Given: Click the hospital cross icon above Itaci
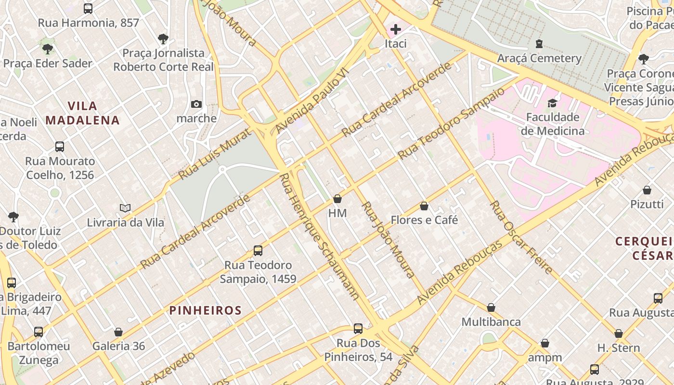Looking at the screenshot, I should click(x=395, y=29).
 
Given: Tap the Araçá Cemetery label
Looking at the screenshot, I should click(x=539, y=59).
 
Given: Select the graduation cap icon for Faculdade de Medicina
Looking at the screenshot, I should click(x=552, y=103).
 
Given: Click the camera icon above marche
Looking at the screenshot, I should click(x=196, y=104).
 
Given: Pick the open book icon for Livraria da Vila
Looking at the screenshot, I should click(x=125, y=208).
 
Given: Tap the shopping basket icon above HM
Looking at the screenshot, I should click(x=337, y=199).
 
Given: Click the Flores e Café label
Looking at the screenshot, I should click(x=424, y=220).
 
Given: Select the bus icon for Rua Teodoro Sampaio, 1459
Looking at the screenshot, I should click(x=258, y=251).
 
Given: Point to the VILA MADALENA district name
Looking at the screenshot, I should click(x=82, y=113).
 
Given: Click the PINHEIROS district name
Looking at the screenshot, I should click(x=205, y=310).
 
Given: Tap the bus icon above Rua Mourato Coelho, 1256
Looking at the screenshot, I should click(x=60, y=147).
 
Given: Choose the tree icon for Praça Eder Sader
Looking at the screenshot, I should click(x=47, y=49).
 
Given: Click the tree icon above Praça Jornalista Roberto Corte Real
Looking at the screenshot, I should click(x=163, y=38).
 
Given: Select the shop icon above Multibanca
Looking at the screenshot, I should click(x=491, y=308).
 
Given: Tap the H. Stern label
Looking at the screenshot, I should click(x=619, y=348).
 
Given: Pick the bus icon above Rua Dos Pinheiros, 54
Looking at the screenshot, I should click(x=358, y=329).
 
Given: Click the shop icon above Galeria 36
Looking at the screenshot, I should click(x=118, y=332).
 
